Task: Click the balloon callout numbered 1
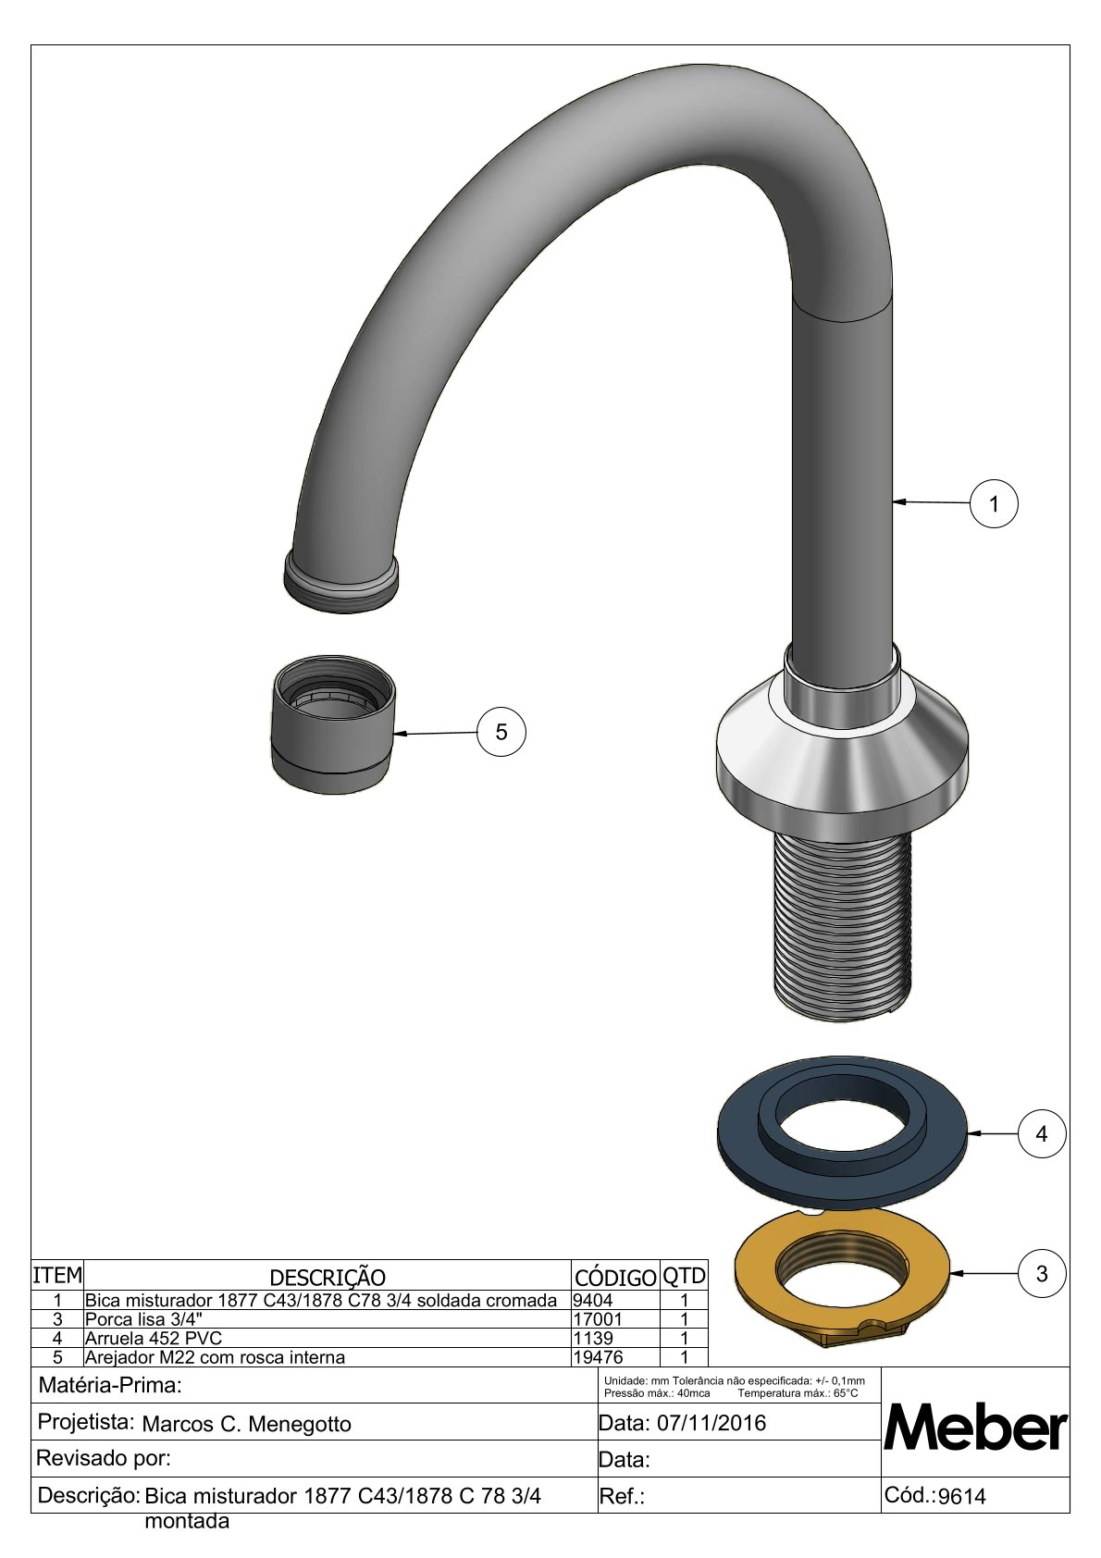pyautogui.click(x=993, y=503)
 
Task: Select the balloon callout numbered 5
pyautogui.click(x=501, y=732)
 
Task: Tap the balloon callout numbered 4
pyautogui.click(x=1041, y=1133)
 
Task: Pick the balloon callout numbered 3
pyautogui.click(x=1041, y=1274)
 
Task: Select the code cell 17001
pyautogui.click(x=598, y=1318)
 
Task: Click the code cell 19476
pyautogui.click(x=598, y=1356)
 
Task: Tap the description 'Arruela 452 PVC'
pyautogui.click(x=153, y=1338)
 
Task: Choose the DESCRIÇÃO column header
pyautogui.click(x=327, y=1278)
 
